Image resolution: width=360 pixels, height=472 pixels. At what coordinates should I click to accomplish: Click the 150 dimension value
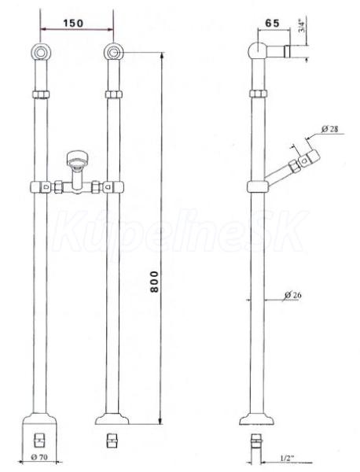click(x=73, y=23)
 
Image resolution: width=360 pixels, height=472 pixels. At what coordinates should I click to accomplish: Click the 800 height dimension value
click(x=154, y=282)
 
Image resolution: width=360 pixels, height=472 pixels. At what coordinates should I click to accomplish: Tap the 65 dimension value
click(x=272, y=23)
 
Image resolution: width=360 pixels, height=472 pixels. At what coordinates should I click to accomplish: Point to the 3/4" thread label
click(x=303, y=26)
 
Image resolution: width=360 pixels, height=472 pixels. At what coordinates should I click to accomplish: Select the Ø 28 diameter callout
click(x=329, y=129)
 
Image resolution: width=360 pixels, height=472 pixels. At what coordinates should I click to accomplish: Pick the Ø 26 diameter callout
click(x=292, y=295)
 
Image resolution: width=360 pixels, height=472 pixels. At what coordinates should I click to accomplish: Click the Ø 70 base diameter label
click(x=39, y=456)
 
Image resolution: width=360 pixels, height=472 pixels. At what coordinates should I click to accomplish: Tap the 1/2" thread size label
click(x=287, y=458)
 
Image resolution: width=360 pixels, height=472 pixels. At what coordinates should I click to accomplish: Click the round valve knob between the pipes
click(x=77, y=158)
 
